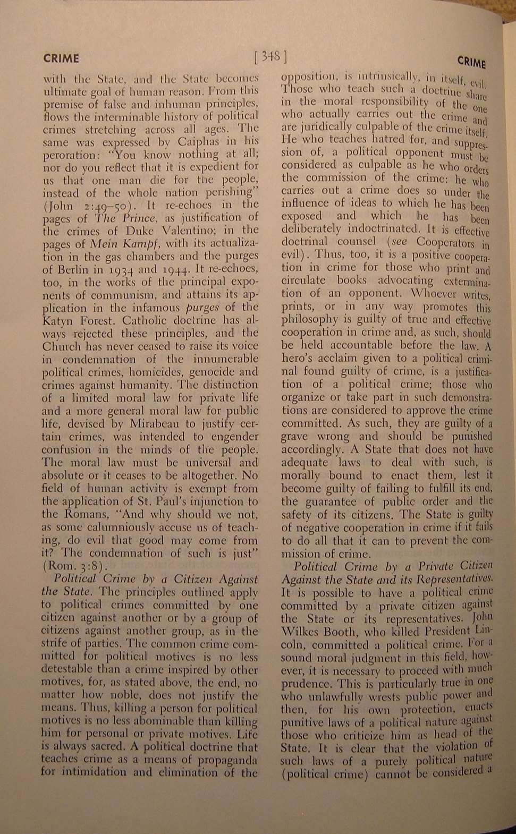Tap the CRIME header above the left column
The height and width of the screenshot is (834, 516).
pyautogui.click(x=61, y=58)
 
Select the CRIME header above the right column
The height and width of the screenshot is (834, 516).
pyautogui.click(x=471, y=63)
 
